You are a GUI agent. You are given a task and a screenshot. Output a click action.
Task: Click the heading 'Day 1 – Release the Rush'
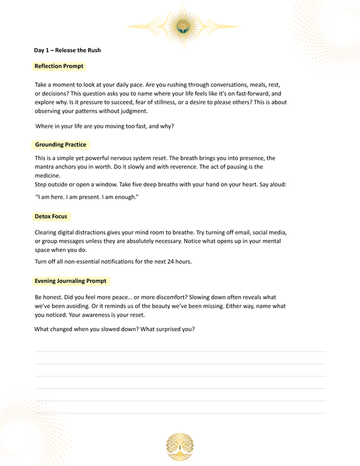pos(68,50)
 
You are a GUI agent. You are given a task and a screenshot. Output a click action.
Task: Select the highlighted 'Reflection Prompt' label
pos(59,66)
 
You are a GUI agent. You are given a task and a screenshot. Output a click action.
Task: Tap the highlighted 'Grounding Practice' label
pos(61,145)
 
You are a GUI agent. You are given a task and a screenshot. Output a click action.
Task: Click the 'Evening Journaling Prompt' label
pos(71,281)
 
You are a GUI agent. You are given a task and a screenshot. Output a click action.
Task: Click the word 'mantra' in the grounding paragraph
pos(45,167)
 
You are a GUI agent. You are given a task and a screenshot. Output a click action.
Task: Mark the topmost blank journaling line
pos(180,351)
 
